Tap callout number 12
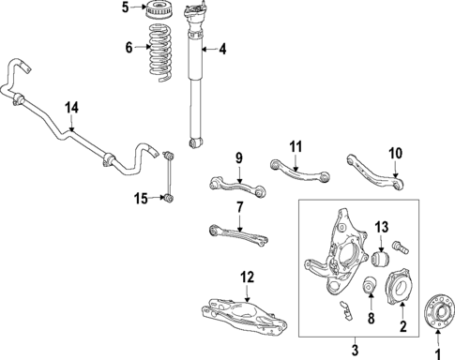click(246, 277)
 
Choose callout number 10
click(395, 153)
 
